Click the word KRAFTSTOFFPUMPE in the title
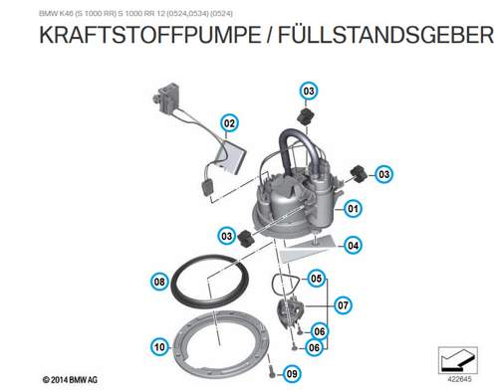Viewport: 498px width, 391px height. pos(150,35)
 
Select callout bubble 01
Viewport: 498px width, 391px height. pos(353,209)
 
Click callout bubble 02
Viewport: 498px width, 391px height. pos(229,123)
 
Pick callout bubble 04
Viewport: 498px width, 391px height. pos(353,246)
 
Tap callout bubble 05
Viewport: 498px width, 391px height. pos(317,279)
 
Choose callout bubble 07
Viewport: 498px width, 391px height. pos(343,305)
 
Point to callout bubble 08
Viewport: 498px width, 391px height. pos(159,282)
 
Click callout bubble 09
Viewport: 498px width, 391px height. pos(292,374)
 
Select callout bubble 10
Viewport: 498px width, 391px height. pos(159,347)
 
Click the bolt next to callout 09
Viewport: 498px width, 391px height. pos(272,370)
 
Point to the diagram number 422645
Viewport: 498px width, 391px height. pos(459,379)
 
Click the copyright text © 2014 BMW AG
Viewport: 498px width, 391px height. pos(70,380)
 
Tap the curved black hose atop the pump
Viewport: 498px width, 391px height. pos(297,146)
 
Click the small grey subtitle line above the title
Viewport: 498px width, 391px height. pos(135,14)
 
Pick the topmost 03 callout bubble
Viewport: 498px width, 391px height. pos(309,91)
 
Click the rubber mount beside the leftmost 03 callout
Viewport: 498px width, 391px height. pos(246,237)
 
